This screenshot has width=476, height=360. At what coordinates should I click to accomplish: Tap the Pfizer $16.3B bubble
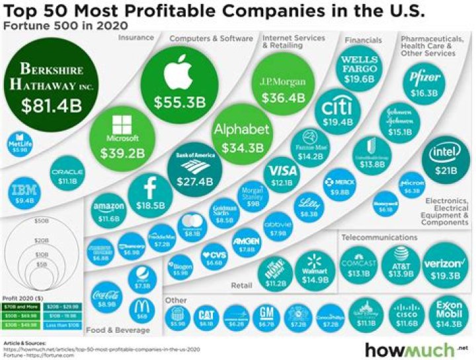click(x=425, y=83)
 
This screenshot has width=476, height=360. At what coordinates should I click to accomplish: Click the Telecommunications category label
click(x=379, y=236)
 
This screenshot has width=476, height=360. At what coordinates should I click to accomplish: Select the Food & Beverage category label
click(x=114, y=329)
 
